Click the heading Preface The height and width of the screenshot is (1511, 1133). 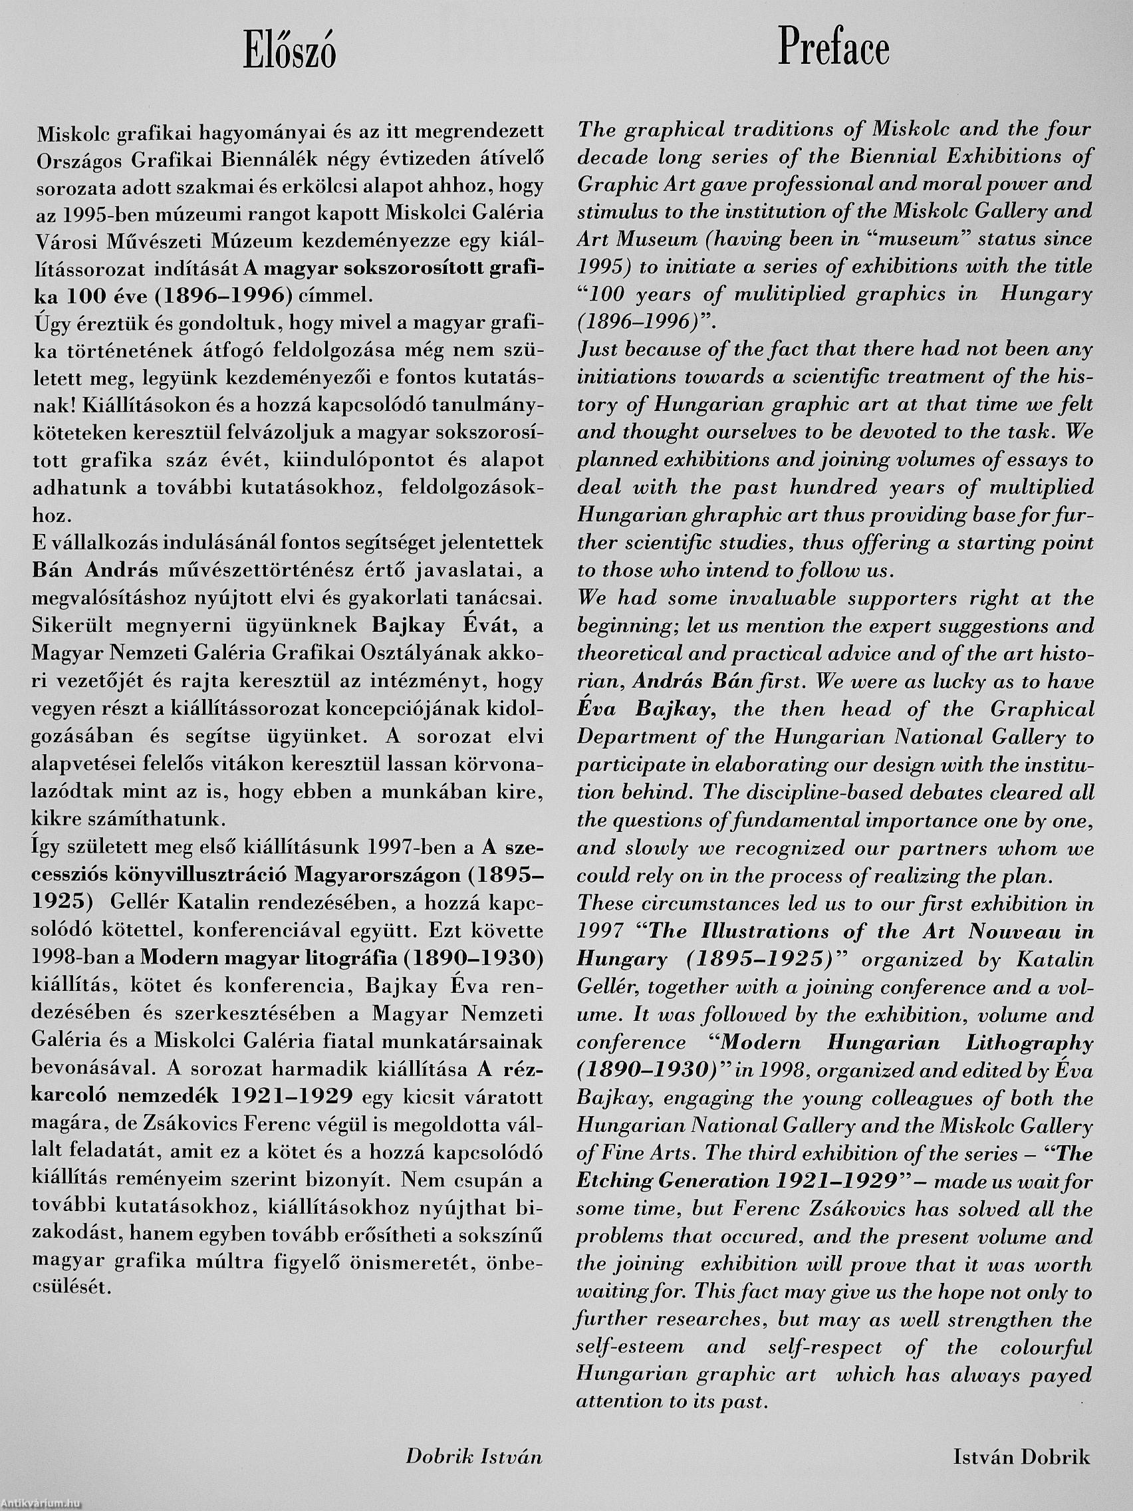pyautogui.click(x=834, y=49)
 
